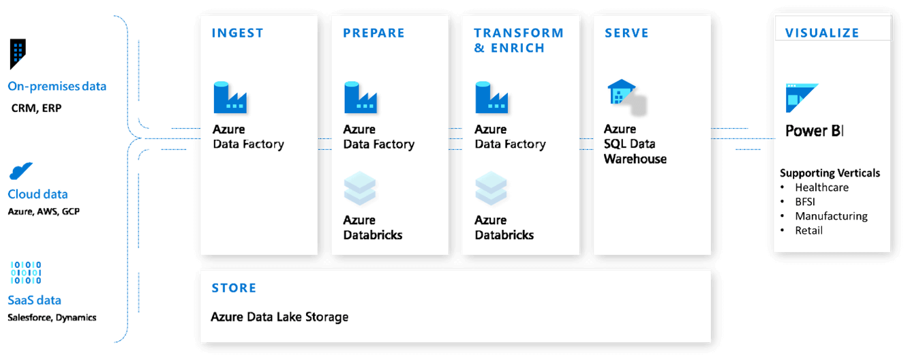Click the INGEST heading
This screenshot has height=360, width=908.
tap(237, 33)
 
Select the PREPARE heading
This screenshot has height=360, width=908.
tap(374, 33)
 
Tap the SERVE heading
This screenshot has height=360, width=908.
tap(626, 33)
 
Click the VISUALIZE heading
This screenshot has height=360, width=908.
tap(822, 33)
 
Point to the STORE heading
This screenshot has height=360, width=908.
tap(234, 288)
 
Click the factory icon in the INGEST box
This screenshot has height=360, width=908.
tap(230, 97)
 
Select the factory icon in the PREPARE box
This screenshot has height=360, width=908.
tap(361, 97)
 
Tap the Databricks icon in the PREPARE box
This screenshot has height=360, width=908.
tap(359, 189)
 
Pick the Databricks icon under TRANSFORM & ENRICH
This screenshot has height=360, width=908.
tap(491, 189)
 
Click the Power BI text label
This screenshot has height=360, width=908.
tap(815, 131)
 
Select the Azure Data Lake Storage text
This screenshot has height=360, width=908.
tap(279, 317)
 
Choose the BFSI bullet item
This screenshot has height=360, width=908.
tap(805, 202)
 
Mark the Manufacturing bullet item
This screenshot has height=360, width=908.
tap(831, 216)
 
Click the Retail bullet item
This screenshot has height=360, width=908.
tap(808, 230)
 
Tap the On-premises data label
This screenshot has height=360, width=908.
tap(57, 87)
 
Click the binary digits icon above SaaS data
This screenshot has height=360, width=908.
tap(26, 272)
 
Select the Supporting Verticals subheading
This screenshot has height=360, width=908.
tap(830, 172)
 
